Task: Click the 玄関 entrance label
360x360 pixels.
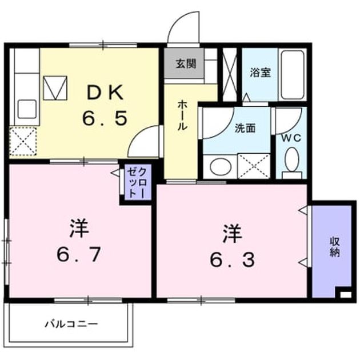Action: pyautogui.click(x=186, y=64)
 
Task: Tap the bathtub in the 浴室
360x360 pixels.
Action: pyautogui.click(x=293, y=75)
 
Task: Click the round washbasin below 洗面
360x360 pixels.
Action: pyautogui.click(x=221, y=166)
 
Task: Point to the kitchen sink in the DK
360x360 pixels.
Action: pyautogui.click(x=27, y=109)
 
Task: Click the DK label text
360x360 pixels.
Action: pyautogui.click(x=105, y=93)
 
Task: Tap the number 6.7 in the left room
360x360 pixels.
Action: pyautogui.click(x=78, y=254)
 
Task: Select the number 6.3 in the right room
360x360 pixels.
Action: pyautogui.click(x=233, y=259)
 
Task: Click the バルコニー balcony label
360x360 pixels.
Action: pyautogui.click(x=71, y=324)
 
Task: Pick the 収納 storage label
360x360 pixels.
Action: pyautogui.click(x=335, y=247)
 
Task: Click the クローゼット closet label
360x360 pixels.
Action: pyautogui.click(x=137, y=183)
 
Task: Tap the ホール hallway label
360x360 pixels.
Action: pyautogui.click(x=182, y=116)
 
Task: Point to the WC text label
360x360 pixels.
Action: pyautogui.click(x=291, y=138)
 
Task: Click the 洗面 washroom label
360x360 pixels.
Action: pyautogui.click(x=245, y=129)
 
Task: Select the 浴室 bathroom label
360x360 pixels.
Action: pyautogui.click(x=261, y=73)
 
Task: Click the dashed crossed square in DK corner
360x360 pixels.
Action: pyautogui.click(x=23, y=141)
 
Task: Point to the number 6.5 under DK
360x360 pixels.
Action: pyautogui.click(x=105, y=118)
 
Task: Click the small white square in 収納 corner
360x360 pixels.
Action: pyautogui.click(x=345, y=294)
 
